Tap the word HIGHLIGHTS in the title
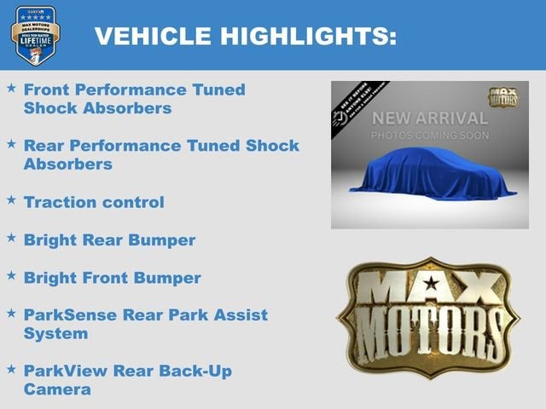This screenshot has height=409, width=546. [309, 36]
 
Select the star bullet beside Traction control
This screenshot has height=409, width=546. [11, 199]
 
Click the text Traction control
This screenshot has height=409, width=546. [94, 202]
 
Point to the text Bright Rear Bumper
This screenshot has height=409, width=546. [109, 240]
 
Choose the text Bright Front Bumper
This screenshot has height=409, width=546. [113, 278]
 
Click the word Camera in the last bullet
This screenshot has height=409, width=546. [57, 389]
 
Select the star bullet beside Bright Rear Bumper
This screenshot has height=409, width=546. [11, 238]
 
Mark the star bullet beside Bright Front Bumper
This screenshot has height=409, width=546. [11, 275]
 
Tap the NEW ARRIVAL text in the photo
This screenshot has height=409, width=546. [429, 118]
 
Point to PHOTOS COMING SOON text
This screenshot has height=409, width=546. [429, 135]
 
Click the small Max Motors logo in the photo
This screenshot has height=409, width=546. [503, 96]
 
